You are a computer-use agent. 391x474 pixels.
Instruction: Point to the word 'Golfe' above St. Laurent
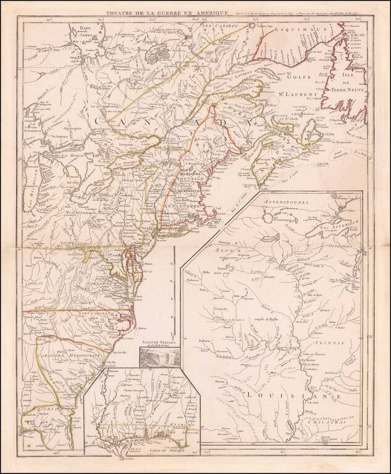pyautogui.click(x=293, y=77)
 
